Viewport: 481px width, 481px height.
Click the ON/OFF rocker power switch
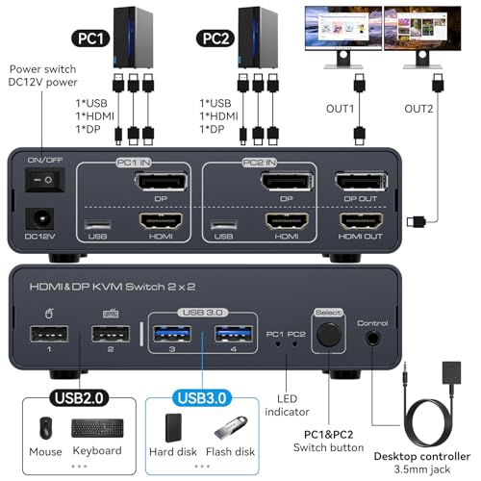(x=45, y=180)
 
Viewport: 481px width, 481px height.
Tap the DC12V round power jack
(x=39, y=219)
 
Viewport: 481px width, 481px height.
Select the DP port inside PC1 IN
(x=161, y=182)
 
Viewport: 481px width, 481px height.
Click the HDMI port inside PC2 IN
(x=287, y=221)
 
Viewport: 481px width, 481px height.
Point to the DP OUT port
(x=361, y=182)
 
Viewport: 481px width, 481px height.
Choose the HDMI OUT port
(x=361, y=221)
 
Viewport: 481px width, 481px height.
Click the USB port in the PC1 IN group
(x=98, y=224)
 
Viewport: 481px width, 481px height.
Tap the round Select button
(x=328, y=335)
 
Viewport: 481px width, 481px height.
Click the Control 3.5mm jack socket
(x=372, y=338)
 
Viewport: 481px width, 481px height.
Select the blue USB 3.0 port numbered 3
(x=172, y=334)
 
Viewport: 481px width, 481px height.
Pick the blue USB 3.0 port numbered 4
(x=234, y=334)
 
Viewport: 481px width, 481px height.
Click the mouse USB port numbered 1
(x=49, y=334)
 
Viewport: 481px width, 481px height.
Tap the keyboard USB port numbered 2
(x=111, y=334)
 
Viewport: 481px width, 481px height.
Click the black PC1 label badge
(x=90, y=38)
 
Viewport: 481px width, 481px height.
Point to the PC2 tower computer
(x=258, y=38)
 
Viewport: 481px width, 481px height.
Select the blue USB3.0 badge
(x=202, y=398)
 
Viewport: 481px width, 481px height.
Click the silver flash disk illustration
(x=231, y=427)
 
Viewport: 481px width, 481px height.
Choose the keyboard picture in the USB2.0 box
(x=97, y=428)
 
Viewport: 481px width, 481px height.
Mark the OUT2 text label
(x=418, y=109)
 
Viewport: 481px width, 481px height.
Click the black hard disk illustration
(x=173, y=428)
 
